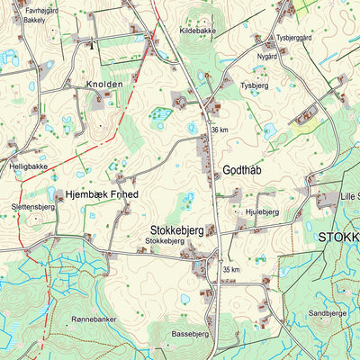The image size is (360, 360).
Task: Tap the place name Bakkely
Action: pos(34,18)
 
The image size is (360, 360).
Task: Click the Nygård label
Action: pos(267,56)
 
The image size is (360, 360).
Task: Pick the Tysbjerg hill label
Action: pos(255,85)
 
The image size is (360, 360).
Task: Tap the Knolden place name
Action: pos(105,85)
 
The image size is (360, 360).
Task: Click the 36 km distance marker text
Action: pos(220,130)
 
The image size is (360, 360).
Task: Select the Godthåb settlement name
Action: pos(241,170)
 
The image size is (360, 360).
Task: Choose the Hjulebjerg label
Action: pos(262,211)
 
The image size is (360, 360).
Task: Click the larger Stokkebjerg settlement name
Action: pos(176,229)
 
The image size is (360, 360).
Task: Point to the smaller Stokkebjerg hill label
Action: pos(165,241)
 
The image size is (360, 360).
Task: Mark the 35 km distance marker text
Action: pos(231,270)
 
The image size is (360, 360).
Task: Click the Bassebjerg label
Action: pos(190,334)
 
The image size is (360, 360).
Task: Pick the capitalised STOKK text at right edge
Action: pos(339,238)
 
